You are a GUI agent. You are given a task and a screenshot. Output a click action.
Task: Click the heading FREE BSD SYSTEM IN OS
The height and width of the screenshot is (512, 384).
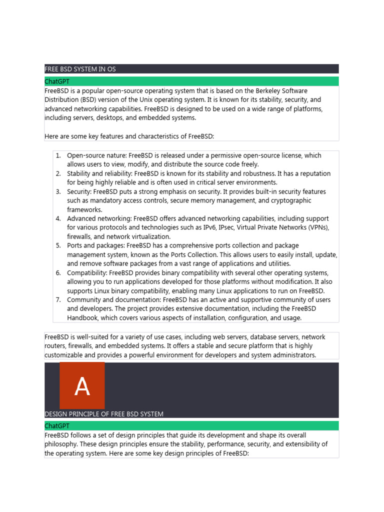[80, 69]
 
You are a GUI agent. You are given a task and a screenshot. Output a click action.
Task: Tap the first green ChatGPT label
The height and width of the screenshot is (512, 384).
[57, 81]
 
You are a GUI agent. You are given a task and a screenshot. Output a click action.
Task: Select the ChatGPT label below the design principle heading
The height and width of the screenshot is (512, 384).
[57, 426]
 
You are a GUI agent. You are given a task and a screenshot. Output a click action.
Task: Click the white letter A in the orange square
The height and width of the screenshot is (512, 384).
[82, 386]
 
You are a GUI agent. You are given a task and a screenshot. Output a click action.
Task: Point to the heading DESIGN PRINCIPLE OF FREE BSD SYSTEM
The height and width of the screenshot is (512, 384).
[104, 414]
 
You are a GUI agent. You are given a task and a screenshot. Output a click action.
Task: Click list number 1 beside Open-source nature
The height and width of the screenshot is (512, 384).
[58, 155]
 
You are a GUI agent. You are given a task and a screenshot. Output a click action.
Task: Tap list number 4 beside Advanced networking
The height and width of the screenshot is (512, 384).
[58, 218]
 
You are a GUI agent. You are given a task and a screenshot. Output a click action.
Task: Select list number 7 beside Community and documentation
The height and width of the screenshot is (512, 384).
[58, 299]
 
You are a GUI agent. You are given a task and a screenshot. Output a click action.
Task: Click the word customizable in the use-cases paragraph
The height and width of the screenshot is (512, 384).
[65, 355]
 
